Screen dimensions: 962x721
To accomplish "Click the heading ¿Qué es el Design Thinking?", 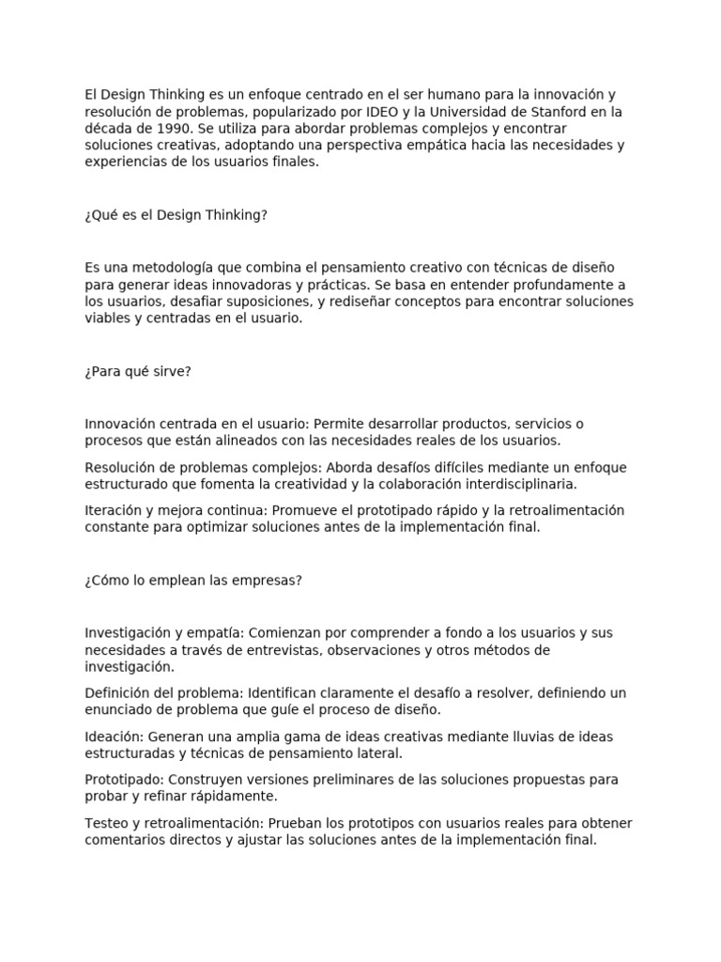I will (176, 215).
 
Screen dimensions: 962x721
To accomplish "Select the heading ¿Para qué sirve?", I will (138, 371).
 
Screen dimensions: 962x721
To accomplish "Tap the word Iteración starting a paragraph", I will (113, 510).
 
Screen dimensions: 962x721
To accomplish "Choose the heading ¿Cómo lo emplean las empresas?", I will (193, 580).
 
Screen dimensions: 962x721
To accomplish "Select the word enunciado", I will (117, 709).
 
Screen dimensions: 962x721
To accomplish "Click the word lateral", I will (376, 753).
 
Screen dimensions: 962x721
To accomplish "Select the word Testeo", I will (104, 822).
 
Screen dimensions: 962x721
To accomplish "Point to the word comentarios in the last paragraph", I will (122, 839).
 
